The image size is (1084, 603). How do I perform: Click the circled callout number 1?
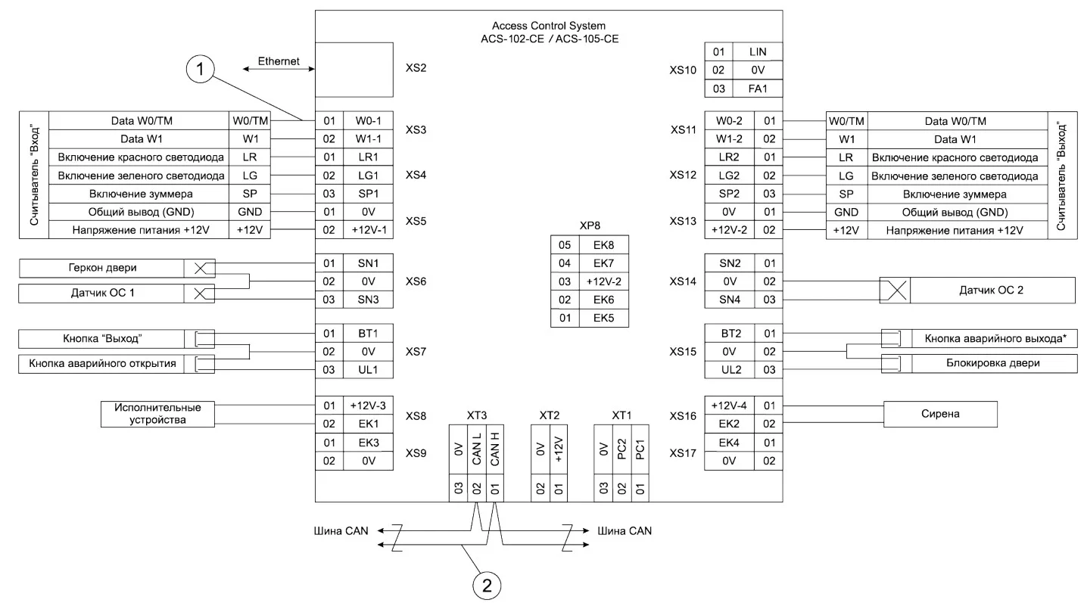pyautogui.click(x=201, y=70)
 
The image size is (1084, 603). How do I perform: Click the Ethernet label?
pyautogui.click(x=279, y=61)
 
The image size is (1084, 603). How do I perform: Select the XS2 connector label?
pyautogui.click(x=416, y=68)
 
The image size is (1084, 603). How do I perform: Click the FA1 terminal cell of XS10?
pyautogui.click(x=757, y=89)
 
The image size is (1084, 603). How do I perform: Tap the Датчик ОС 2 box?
pyautogui.click(x=992, y=290)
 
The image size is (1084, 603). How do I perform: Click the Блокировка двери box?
pyautogui.click(x=994, y=363)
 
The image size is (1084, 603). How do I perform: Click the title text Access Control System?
pyautogui.click(x=548, y=26)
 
